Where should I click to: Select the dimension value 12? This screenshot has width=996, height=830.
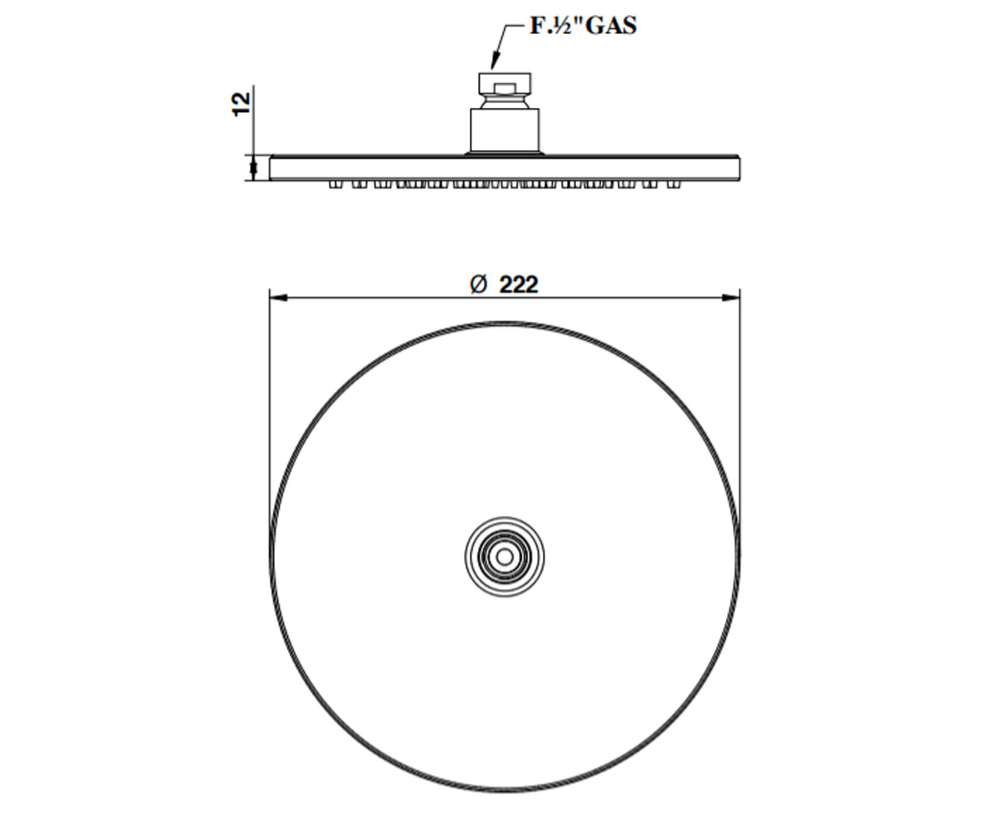tap(242, 104)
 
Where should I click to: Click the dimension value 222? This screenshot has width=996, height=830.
tap(519, 285)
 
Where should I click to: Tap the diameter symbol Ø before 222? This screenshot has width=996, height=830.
tap(478, 285)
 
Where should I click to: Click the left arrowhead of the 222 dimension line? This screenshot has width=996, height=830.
tap(279, 298)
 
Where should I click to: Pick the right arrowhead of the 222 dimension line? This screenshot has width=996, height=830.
tap(730, 298)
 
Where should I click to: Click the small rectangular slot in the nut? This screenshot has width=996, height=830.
tap(505, 88)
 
